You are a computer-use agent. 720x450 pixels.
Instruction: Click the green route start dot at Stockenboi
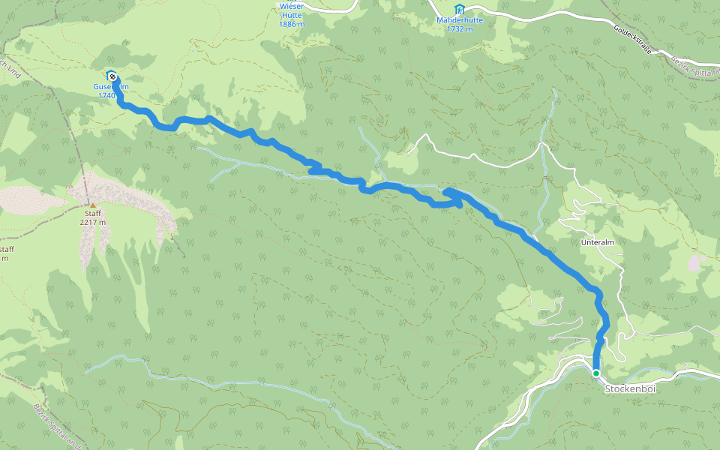pyautogui.click(x=595, y=373)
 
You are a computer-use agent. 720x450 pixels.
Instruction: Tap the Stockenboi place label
pyautogui.click(x=625, y=389)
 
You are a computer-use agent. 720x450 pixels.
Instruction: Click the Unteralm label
pyautogui.click(x=598, y=244)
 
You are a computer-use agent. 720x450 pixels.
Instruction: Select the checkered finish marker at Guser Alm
pyautogui.click(x=111, y=75)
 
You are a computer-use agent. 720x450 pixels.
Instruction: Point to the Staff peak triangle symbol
pyautogui.click(x=93, y=205)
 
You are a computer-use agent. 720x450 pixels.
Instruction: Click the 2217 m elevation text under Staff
pyautogui.click(x=93, y=223)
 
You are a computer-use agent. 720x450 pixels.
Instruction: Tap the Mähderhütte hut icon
pyautogui.click(x=459, y=8)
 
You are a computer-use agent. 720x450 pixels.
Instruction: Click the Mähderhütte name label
pyautogui.click(x=459, y=20)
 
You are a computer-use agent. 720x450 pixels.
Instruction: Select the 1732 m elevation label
pyautogui.click(x=459, y=29)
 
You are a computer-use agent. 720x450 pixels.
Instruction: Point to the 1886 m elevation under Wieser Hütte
pyautogui.click(x=292, y=24)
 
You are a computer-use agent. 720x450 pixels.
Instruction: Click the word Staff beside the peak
pyautogui.click(x=93, y=214)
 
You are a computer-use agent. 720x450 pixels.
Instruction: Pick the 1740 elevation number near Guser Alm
pyautogui.click(x=106, y=96)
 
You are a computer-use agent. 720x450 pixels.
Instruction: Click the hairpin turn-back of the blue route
pyautogui.click(x=448, y=193)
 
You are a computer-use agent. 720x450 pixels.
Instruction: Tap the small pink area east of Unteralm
pyautogui.click(x=697, y=262)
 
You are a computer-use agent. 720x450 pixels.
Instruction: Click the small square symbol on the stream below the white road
pyautogui.click(x=545, y=178)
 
